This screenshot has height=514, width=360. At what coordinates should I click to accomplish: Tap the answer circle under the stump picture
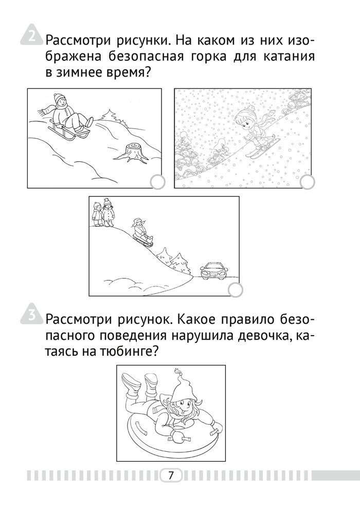158,182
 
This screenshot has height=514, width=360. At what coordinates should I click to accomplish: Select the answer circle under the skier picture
307,182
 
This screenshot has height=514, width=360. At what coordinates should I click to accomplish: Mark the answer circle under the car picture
235,289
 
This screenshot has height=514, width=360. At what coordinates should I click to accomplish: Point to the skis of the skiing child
264,148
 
